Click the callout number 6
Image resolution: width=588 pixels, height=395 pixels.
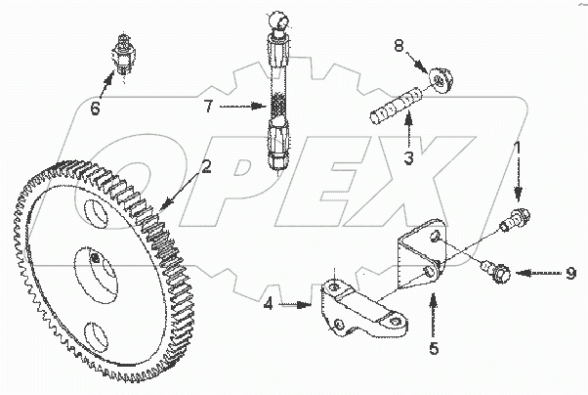coord(95,108)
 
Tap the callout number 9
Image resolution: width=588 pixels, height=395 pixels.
coord(571,273)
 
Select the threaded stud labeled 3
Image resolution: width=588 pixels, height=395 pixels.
coord(397,103)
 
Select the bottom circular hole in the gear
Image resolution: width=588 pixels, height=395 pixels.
coord(98,338)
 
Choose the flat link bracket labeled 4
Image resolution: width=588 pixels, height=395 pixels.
coord(357,303)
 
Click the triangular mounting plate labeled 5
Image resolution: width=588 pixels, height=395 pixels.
coord(425,254)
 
